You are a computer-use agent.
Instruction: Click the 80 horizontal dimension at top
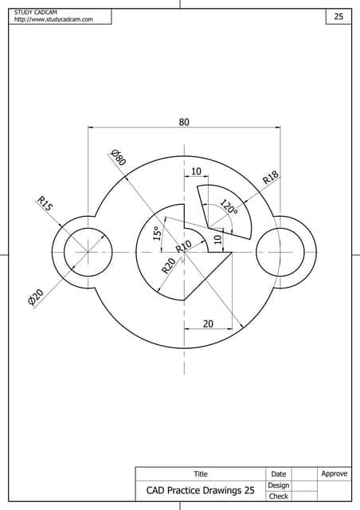(x=184, y=122)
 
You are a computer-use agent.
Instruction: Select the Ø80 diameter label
(x=119, y=157)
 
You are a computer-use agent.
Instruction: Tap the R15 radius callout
(x=45, y=204)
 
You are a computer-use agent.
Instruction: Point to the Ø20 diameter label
(x=35, y=298)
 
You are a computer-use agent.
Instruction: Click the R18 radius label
(x=271, y=178)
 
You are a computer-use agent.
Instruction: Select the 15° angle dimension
(x=157, y=233)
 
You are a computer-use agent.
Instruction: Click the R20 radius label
(x=168, y=266)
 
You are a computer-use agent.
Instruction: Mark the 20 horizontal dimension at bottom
(x=208, y=324)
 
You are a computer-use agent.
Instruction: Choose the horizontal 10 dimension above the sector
(x=196, y=172)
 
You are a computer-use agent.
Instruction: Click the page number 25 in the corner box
(x=338, y=16)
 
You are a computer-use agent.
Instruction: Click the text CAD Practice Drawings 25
(x=200, y=491)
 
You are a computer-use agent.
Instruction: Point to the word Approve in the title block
(x=334, y=474)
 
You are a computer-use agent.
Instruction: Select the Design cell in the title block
(x=278, y=485)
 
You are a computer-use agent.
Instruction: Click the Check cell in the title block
(x=278, y=496)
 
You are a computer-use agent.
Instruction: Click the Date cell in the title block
(x=278, y=474)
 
